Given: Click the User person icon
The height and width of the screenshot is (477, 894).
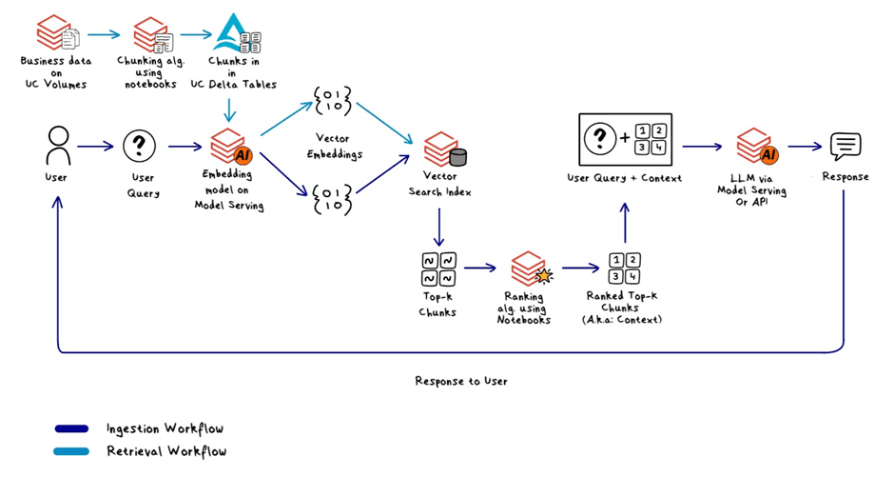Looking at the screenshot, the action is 58,147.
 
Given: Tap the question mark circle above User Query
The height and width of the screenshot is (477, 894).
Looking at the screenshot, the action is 139,146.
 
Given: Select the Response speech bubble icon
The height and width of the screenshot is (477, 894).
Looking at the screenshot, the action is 845,148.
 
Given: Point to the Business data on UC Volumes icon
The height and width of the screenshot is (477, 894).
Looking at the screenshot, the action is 57,33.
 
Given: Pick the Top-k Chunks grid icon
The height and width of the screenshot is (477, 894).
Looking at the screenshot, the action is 438,268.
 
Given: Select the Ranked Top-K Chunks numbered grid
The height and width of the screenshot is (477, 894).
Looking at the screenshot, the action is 624,268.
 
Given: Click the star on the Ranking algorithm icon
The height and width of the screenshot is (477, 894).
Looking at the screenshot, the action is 544,276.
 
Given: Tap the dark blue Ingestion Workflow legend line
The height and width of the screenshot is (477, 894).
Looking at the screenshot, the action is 71,428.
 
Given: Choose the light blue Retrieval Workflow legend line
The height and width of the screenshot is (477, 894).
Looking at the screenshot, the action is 71,451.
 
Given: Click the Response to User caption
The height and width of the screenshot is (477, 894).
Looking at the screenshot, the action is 460,381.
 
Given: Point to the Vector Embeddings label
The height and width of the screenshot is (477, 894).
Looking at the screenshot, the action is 334,146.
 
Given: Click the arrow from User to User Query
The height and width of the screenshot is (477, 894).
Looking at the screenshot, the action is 95,147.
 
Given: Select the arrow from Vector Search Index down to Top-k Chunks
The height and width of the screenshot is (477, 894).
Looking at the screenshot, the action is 439,227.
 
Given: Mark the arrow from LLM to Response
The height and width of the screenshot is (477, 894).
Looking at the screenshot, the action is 805,147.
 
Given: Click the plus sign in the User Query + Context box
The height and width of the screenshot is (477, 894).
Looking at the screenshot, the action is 625,137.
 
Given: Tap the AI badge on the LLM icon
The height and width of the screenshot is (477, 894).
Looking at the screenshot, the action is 768,154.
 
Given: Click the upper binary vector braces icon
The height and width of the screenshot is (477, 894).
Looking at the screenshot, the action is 333,101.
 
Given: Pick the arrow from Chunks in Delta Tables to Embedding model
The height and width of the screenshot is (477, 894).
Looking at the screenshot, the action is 229,110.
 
